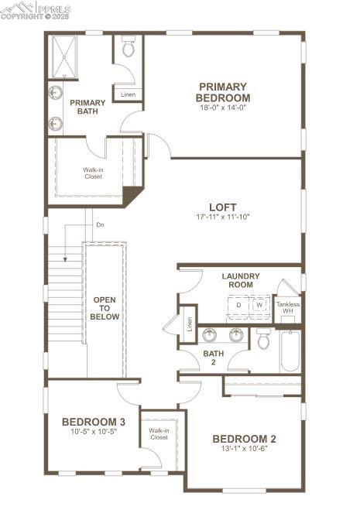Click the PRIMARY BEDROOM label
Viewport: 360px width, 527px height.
223,93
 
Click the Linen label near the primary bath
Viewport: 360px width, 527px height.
128,94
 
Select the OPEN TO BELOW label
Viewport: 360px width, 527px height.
106,308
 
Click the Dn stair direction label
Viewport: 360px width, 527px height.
100,225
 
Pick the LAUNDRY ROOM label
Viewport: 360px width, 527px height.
241,280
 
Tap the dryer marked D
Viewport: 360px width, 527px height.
238,305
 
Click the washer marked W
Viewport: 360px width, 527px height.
259,305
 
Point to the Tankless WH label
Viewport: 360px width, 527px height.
288,307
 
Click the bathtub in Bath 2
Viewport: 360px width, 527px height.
290,352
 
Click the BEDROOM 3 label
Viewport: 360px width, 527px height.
93,422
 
